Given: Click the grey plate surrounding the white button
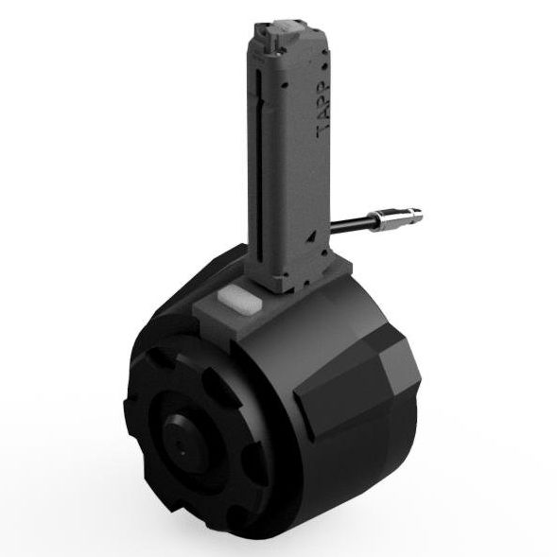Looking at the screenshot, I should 227,307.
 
